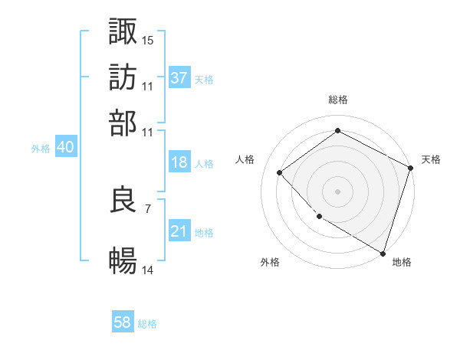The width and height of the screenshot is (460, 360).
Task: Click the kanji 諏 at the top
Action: pyautogui.click(x=123, y=31)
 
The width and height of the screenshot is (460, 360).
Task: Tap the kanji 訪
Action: pyautogui.click(x=123, y=77)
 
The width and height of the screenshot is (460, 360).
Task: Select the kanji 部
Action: pyautogui.click(x=123, y=123)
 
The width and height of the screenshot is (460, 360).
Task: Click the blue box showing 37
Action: pyautogui.click(x=179, y=77)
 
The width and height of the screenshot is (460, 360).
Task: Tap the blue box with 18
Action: pyautogui.click(x=179, y=162)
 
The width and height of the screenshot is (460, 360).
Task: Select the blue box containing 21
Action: pyautogui.click(x=179, y=232)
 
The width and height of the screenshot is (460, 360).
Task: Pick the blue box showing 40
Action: pyautogui.click(x=65, y=148)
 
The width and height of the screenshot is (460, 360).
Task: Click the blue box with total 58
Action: pyautogui.click(x=123, y=322)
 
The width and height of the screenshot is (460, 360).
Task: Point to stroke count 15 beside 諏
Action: pyautogui.click(x=148, y=39)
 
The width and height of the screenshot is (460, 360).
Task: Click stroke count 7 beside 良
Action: pyautogui.click(x=148, y=208)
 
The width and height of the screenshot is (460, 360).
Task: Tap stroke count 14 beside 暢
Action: pyautogui.click(x=148, y=270)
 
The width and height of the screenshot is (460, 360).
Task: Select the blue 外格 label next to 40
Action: pyautogui.click(x=41, y=149)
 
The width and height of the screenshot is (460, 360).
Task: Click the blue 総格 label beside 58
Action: pyautogui.click(x=147, y=324)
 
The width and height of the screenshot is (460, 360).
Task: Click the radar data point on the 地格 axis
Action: pyautogui.click(x=383, y=253)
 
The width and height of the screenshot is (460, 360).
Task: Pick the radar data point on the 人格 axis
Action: pyautogui.click(x=280, y=172)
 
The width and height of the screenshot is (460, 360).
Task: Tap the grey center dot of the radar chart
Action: pyautogui.click(x=337, y=191)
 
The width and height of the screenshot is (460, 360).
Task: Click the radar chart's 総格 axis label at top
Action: pyautogui.click(x=338, y=100)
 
